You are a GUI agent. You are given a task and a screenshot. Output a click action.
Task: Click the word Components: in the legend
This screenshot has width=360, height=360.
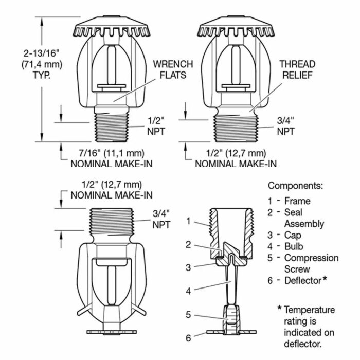pyautogui.click(x=295, y=186)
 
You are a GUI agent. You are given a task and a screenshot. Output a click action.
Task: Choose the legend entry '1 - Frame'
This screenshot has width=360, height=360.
pyautogui.click(x=296, y=201)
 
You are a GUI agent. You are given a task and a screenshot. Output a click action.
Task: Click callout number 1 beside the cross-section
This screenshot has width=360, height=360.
pyautogui.click(x=189, y=221)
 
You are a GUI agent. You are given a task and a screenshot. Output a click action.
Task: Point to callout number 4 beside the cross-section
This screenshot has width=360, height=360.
pyautogui.click(x=189, y=291)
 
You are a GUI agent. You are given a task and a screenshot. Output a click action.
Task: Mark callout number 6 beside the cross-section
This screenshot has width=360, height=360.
pyautogui.click(x=188, y=338)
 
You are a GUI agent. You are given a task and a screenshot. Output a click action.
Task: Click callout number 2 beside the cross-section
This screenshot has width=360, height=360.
pyautogui.click(x=189, y=245)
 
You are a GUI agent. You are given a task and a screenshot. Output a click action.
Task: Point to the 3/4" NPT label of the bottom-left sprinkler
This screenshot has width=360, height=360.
pyautogui.click(x=160, y=219)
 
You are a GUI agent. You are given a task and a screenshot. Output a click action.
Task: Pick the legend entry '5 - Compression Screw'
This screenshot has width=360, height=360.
pyautogui.click(x=303, y=263)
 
